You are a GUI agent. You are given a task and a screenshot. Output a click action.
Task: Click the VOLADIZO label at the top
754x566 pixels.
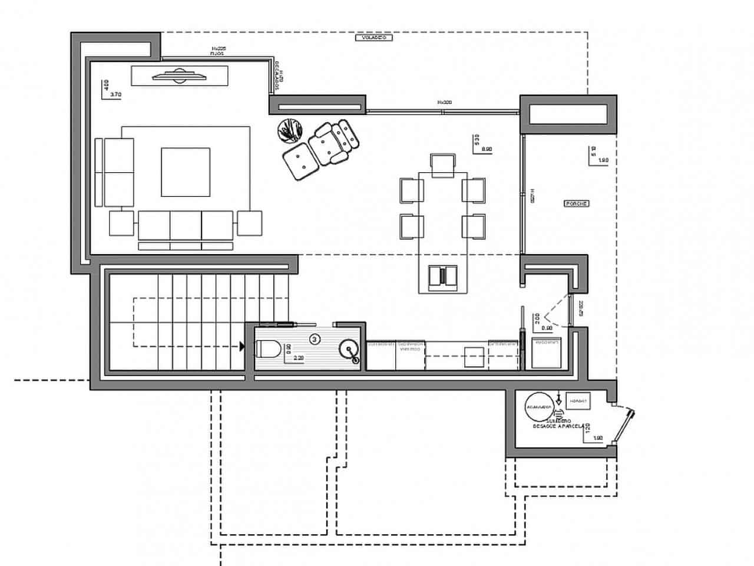(374, 38)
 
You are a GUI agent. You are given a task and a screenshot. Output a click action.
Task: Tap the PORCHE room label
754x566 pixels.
(577, 203)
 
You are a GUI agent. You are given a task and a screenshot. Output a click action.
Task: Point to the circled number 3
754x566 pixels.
(315, 339)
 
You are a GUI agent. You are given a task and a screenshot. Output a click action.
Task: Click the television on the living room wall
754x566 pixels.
(176, 75)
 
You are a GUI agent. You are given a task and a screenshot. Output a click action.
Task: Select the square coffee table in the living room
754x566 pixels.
(186, 172)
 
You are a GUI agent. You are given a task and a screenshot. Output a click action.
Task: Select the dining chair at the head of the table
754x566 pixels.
(443, 164)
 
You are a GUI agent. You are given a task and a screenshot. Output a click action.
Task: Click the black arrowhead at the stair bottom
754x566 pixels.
(242, 347)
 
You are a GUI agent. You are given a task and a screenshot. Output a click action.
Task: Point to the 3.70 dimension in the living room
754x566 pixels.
(116, 94)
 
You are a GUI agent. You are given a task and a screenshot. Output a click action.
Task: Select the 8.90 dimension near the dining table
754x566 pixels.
(487, 150)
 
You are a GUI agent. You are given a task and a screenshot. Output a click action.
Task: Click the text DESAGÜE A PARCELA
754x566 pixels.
(558, 425)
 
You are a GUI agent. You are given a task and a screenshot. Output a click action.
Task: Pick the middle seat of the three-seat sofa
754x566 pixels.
(186, 225)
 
